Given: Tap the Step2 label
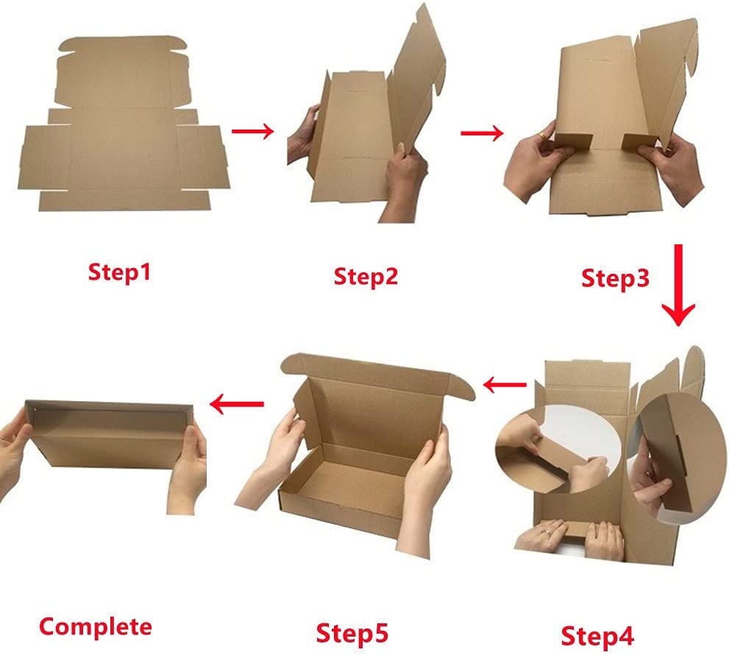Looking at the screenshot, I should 366,277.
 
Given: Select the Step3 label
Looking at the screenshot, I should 615,279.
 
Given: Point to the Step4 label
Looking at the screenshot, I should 597,635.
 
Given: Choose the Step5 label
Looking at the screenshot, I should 352,632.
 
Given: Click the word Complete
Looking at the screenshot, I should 96,627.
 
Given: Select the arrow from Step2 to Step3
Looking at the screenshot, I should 482,133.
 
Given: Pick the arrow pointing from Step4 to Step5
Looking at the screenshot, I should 506,384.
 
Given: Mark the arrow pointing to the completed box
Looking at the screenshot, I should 237,403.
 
